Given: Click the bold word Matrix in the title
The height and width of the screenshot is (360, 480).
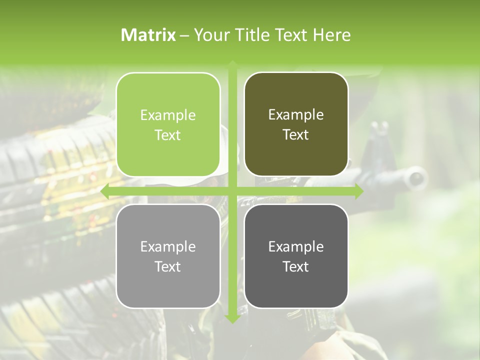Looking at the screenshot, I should click(x=148, y=35).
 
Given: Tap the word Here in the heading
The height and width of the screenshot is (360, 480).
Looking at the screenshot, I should click(x=331, y=35).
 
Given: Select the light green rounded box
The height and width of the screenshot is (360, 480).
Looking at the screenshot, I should click(x=168, y=124).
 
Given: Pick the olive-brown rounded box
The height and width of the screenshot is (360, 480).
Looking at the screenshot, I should click(x=296, y=124).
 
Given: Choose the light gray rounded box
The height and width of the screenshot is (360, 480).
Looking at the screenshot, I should click(x=168, y=256).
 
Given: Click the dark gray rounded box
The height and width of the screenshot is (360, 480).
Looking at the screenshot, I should click(x=296, y=256).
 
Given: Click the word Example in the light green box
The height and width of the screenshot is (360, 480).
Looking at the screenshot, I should click(x=168, y=115).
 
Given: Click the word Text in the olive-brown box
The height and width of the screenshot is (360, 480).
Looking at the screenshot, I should click(x=296, y=134).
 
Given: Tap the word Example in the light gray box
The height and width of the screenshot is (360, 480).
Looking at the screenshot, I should click(x=168, y=246).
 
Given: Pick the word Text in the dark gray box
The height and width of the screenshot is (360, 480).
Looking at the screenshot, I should click(x=296, y=266).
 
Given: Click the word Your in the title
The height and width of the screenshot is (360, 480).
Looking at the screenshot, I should click(x=210, y=35).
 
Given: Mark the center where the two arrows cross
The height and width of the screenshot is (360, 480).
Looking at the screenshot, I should click(x=232, y=191).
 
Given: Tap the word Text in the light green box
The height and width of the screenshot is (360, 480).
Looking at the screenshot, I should click(x=168, y=135).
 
